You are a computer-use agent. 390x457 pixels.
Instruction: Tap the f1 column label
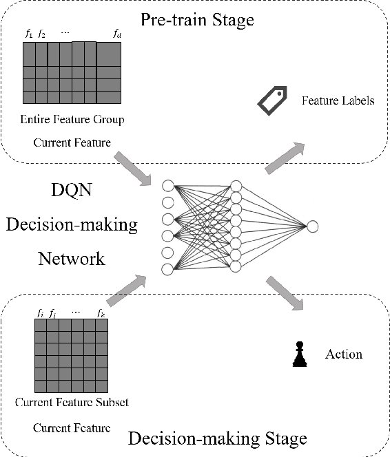coord(29,33)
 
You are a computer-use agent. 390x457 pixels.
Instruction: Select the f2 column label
coord(41,33)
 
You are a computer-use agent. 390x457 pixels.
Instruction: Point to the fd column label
coord(117,33)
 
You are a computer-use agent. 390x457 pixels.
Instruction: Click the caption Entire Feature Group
coord(72,120)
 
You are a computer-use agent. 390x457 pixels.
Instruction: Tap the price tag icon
coord(271,100)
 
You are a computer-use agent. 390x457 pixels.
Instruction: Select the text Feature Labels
coord(338,101)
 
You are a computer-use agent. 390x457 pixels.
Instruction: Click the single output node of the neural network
coord(313,226)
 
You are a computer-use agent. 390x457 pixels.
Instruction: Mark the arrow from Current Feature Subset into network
coord(130,286)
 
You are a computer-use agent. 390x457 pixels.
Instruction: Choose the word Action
coord(343,354)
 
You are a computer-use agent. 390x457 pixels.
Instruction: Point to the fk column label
coord(101,313)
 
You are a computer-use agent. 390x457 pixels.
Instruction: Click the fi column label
coord(40,313)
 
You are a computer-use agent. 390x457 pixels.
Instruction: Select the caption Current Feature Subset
coord(72,402)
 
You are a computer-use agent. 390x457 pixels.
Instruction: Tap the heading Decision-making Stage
coord(218,438)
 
